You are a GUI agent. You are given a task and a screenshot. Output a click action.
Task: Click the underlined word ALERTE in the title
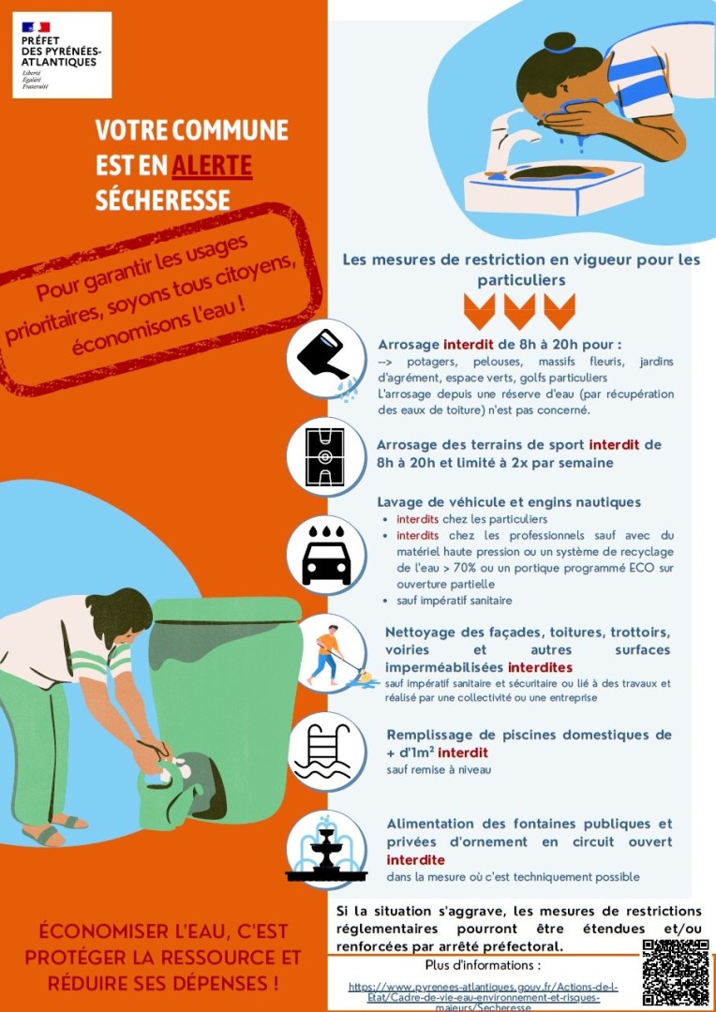tap(212, 166)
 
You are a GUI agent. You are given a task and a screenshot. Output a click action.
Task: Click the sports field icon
tap(327, 456)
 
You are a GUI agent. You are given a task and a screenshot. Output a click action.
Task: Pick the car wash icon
tap(327, 555)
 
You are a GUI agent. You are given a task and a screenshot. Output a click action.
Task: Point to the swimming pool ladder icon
tap(327, 752)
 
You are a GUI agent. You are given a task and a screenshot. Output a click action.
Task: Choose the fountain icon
tap(327, 851)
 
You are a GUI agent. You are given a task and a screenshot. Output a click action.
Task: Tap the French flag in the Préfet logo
tap(36, 26)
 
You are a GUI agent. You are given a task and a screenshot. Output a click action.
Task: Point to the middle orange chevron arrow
tap(519, 311)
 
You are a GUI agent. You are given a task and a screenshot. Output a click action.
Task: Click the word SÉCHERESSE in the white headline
tap(163, 201)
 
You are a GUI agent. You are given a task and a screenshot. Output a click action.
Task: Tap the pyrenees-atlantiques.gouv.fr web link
tap(484, 997)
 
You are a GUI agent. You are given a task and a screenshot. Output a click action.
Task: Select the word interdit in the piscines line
tap(467, 752)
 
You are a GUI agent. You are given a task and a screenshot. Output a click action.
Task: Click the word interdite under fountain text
tap(416, 860)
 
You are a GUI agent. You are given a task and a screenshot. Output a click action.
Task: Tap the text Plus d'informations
tap(483, 965)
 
